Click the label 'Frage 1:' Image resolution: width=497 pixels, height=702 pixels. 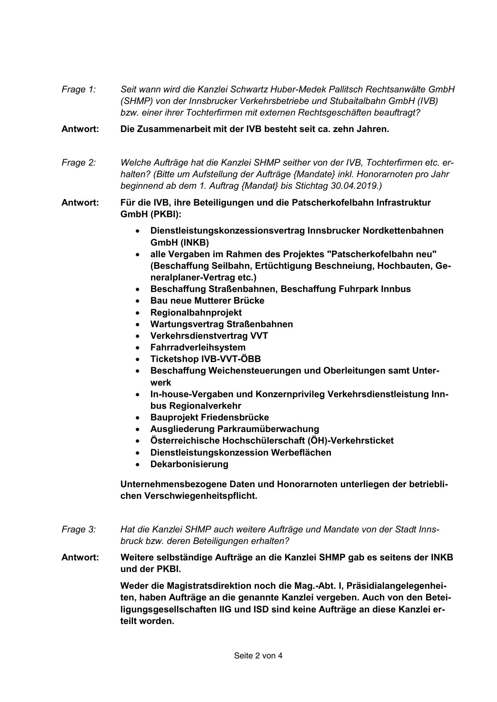click(x=78, y=89)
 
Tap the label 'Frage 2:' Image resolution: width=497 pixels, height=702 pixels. click(x=78, y=162)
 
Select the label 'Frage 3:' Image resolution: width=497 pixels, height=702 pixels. click(x=78, y=529)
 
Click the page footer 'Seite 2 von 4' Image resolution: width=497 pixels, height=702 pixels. click(x=258, y=656)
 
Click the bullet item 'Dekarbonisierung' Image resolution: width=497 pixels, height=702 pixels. click(x=189, y=464)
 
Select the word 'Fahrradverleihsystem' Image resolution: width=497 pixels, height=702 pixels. click(x=198, y=347)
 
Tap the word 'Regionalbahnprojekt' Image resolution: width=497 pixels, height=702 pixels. click(x=196, y=312)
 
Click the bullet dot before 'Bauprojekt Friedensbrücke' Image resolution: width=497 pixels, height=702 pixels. click(x=138, y=418)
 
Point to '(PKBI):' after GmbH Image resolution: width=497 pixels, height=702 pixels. click(x=166, y=214)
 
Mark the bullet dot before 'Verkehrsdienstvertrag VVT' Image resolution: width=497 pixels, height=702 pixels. click(x=138, y=336)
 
